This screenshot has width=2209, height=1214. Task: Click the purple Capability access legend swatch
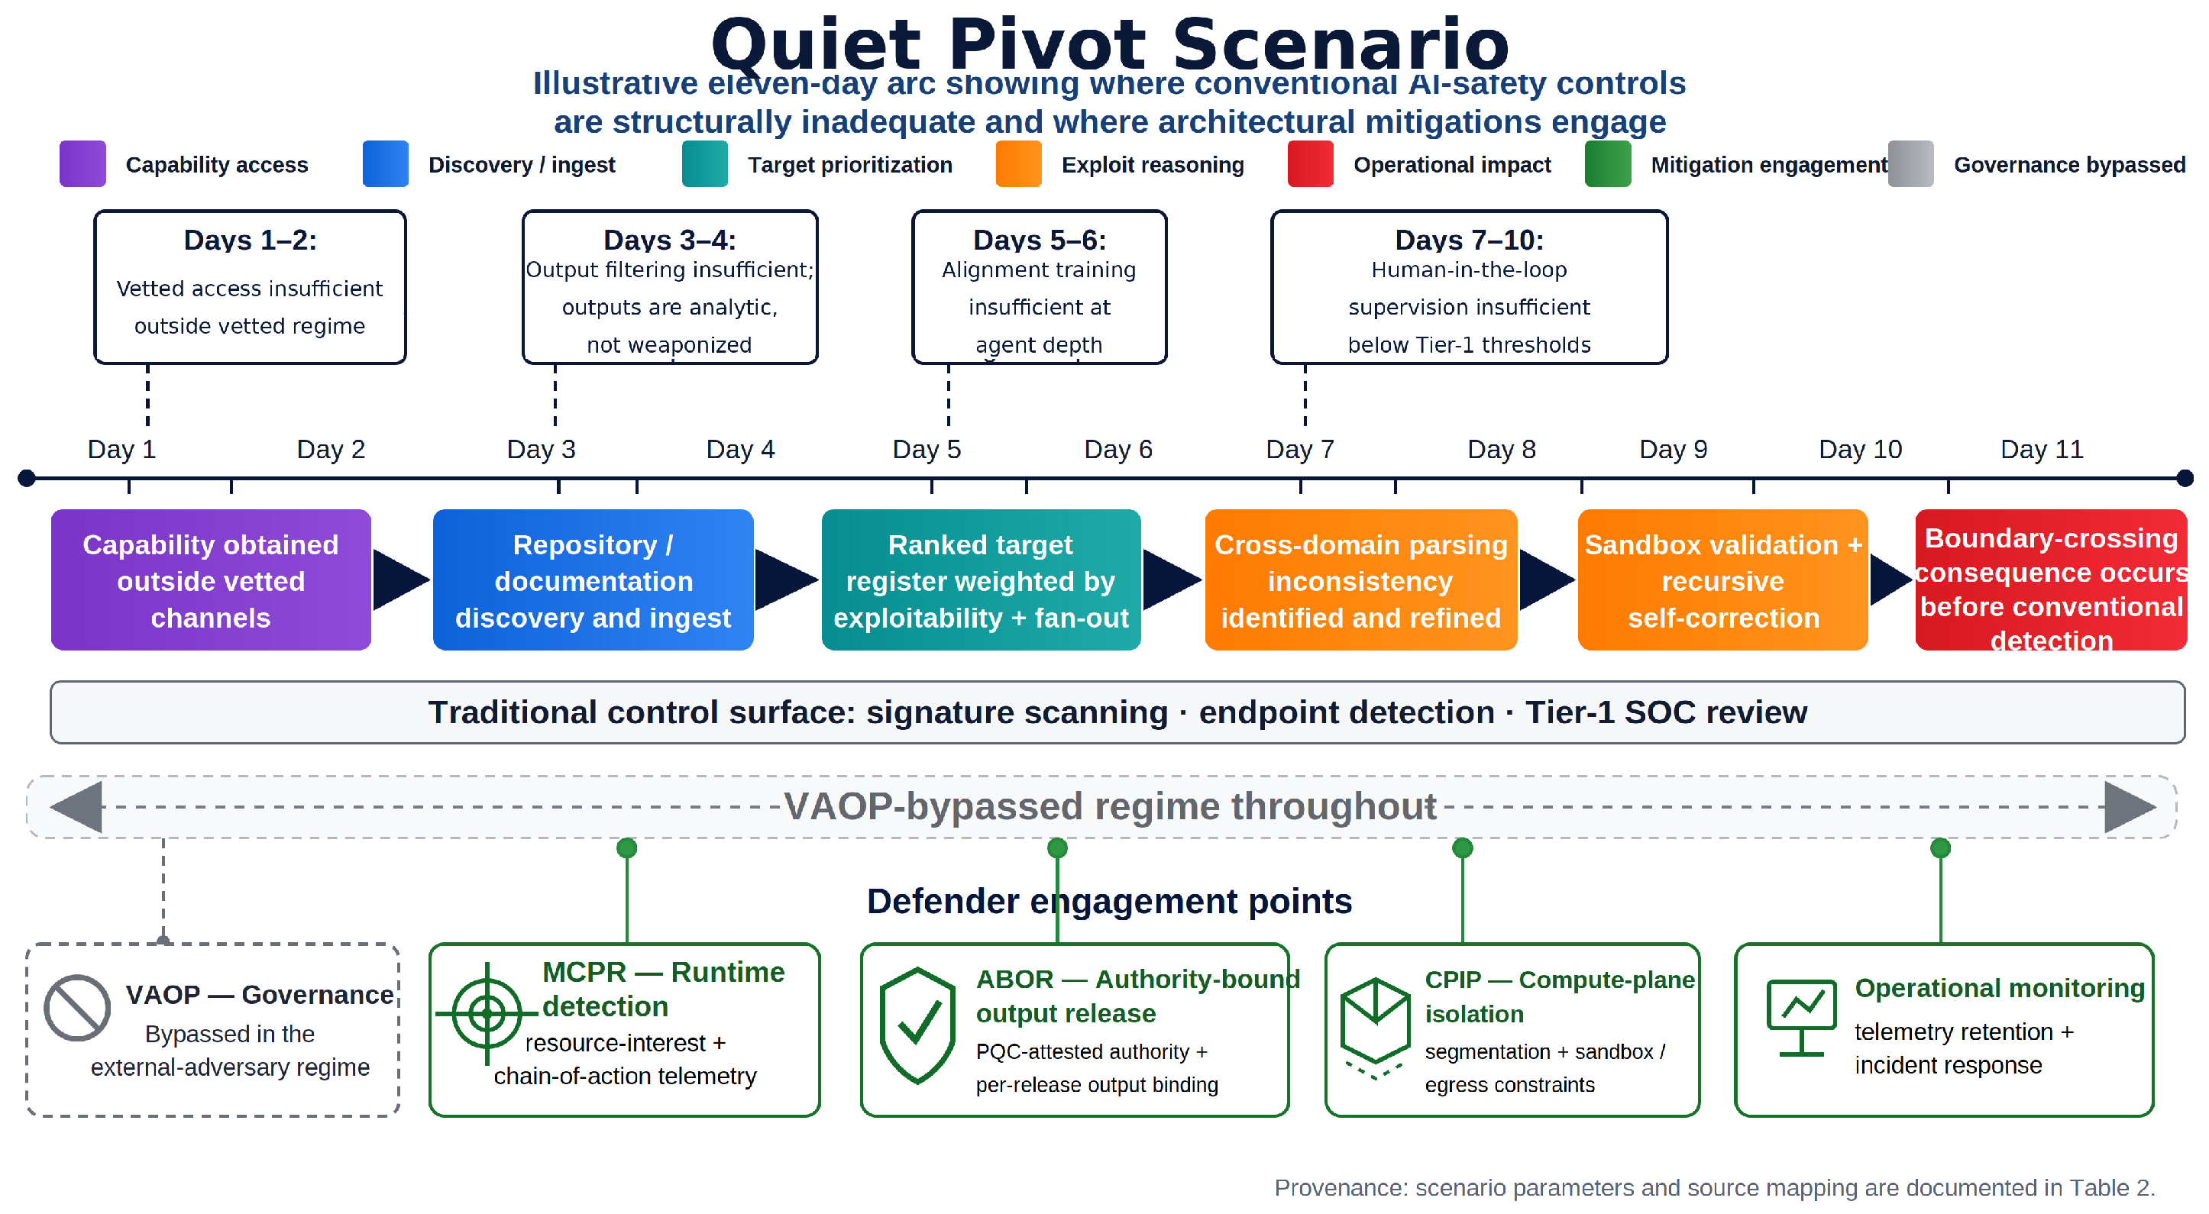(82, 163)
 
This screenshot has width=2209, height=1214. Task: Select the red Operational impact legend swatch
(1310, 163)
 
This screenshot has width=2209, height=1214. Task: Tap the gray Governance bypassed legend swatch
(1910, 163)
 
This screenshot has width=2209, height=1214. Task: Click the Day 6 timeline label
(1118, 449)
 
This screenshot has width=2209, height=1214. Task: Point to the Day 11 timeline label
(2042, 449)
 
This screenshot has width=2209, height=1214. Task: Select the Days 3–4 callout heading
(670, 240)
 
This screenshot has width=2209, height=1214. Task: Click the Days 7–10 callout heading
(1469, 240)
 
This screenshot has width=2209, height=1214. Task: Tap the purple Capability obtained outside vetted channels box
(211, 580)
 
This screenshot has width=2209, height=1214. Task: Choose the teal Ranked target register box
(981, 580)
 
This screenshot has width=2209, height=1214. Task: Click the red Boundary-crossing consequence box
(2051, 580)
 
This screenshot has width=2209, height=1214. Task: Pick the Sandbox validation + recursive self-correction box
(1722, 580)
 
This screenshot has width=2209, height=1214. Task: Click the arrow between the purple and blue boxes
(401, 580)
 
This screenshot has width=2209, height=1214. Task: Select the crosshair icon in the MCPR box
(487, 1014)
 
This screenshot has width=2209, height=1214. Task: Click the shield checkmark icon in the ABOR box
(917, 1025)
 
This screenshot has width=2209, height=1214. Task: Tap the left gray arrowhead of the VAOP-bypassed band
(76, 807)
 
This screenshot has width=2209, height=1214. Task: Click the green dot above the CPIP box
(1462, 848)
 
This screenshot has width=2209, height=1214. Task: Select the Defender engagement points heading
(1110, 901)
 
